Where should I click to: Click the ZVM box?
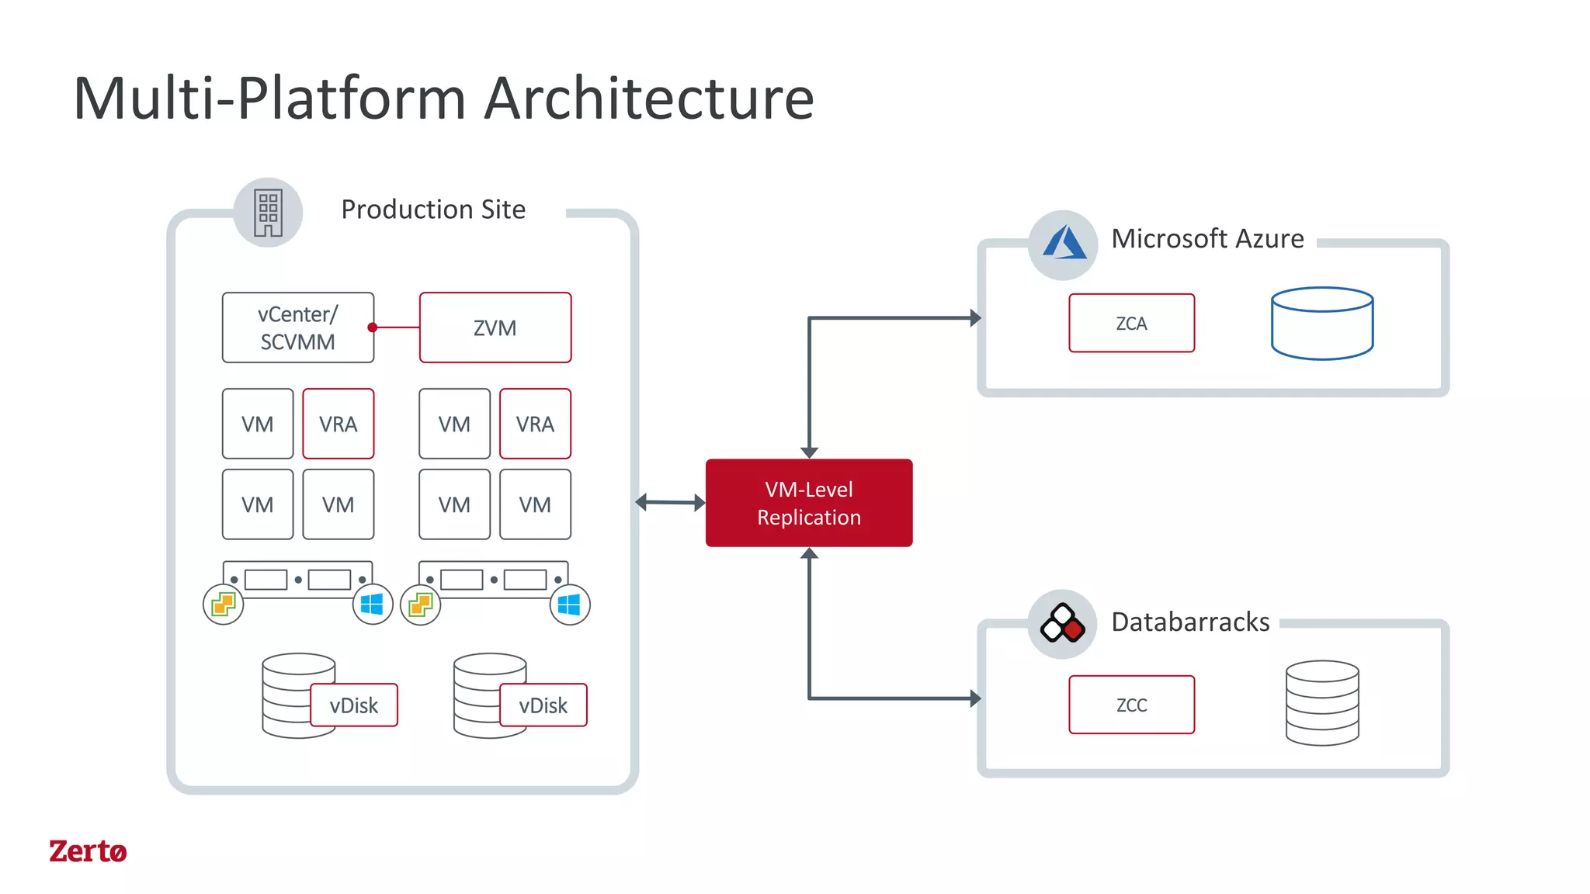[x=495, y=327]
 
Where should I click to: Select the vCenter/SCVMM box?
[x=297, y=327]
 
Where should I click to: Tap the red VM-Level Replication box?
[x=809, y=503]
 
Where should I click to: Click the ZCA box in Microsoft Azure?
[x=1131, y=323]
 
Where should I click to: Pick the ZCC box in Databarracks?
[x=1131, y=705]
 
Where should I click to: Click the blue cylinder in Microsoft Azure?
[x=1322, y=324]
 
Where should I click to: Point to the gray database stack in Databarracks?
[x=1322, y=703]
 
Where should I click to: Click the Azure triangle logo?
[x=1064, y=244]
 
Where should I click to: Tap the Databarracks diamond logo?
[x=1062, y=624]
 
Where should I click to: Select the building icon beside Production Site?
[x=268, y=213]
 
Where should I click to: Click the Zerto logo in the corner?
[x=88, y=851]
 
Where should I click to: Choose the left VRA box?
[x=338, y=424]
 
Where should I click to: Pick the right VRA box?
[x=535, y=424]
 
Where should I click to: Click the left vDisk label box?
[x=354, y=705]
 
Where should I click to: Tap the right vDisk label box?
[x=543, y=705]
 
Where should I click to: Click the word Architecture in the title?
[x=649, y=99]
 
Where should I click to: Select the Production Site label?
[x=433, y=210]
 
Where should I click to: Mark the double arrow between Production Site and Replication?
[x=671, y=503]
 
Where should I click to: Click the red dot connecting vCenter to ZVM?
[x=373, y=327]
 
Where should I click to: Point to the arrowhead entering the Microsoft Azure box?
[x=975, y=317]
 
